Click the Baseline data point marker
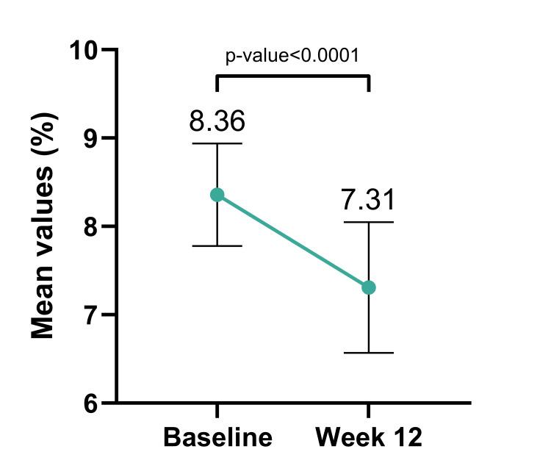[217, 195]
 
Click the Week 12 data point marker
[369, 287]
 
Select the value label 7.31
[369, 200]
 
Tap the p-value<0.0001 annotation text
[292, 56]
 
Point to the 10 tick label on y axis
[84, 50]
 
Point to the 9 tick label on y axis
[91, 138]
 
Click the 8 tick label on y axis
[91, 226]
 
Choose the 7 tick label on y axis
[91, 315]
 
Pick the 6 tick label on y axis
[91, 403]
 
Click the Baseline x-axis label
[217, 438]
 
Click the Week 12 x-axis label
[369, 438]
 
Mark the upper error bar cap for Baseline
[217, 143]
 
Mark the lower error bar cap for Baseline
[217, 245]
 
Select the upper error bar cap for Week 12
[369, 222]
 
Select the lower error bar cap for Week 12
[369, 353]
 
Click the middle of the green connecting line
[293, 241]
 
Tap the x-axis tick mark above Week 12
[369, 410]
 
